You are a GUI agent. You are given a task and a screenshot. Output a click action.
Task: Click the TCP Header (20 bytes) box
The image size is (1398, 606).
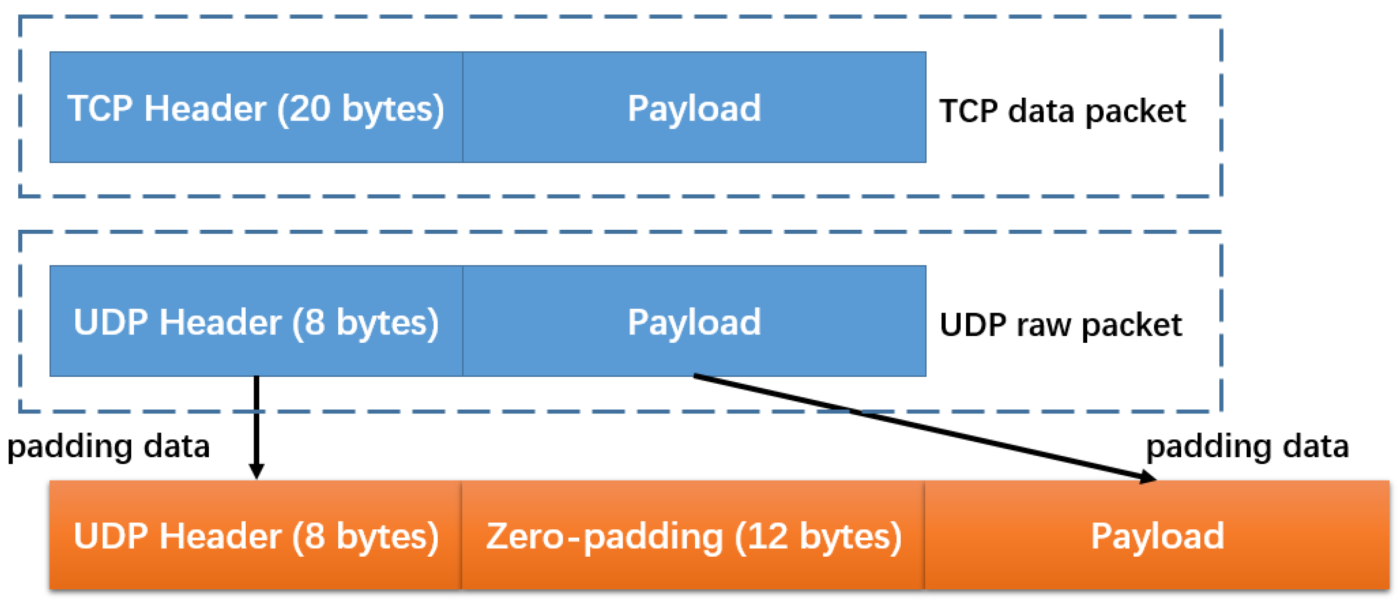(x=255, y=107)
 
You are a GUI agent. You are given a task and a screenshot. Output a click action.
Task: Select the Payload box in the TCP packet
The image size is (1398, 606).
(x=694, y=107)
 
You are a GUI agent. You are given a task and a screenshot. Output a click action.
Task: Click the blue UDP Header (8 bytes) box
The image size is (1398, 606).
(x=255, y=321)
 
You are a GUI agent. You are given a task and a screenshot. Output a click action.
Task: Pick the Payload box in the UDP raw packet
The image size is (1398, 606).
(x=694, y=321)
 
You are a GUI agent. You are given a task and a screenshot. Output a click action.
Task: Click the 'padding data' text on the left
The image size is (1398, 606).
(x=108, y=447)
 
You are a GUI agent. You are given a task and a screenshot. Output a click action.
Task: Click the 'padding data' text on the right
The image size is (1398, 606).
(x=1247, y=447)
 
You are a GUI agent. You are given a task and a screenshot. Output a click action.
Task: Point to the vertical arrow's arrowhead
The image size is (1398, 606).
(x=257, y=470)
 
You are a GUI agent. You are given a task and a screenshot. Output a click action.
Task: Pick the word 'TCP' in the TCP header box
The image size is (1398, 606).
(x=100, y=108)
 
